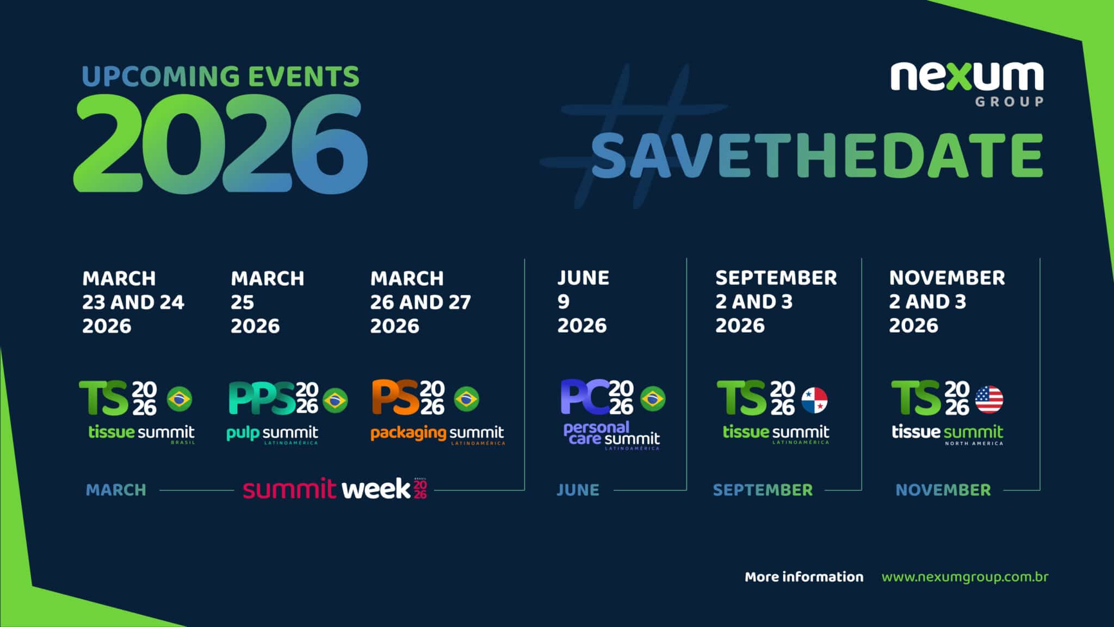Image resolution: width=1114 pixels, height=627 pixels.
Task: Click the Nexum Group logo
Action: coord(967,83)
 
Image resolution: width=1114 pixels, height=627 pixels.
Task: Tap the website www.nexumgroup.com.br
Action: coord(964,577)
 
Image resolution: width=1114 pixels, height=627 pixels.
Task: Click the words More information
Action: coord(803,577)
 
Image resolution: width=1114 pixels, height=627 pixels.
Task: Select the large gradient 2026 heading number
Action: coord(220,144)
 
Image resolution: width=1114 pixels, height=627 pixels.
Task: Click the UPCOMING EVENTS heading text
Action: coord(220,76)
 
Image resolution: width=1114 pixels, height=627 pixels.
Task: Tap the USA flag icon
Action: coord(989,399)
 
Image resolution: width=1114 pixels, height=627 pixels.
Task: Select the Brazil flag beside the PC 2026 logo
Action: coord(653,399)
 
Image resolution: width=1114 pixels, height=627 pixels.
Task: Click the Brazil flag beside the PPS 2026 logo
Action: coord(335,400)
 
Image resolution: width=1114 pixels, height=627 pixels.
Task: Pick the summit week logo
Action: coord(335,488)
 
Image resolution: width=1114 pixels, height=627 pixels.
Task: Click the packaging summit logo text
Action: coord(437,433)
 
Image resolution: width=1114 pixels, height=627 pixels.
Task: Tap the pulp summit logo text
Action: coord(272,434)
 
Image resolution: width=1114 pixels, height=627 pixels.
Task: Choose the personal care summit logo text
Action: coord(611,434)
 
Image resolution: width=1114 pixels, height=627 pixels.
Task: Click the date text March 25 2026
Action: coord(267,302)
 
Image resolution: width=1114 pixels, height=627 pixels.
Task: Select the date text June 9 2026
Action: coord(583,302)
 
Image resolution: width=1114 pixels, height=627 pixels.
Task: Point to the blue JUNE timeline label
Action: coord(578,490)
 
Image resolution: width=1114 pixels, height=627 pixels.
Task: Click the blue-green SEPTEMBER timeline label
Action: coord(763,490)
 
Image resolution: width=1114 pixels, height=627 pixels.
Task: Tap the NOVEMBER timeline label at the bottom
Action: coord(943,490)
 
